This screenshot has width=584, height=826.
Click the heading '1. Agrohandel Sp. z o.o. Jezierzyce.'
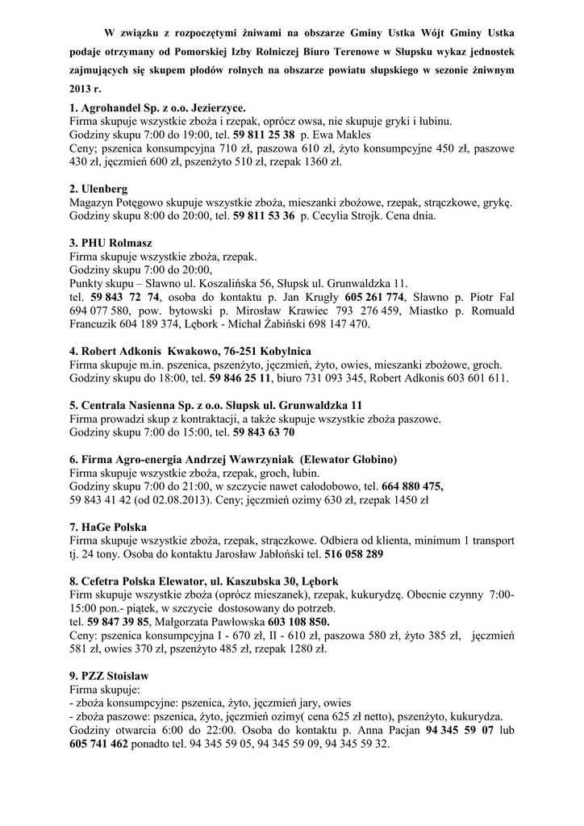pos(158,107)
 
